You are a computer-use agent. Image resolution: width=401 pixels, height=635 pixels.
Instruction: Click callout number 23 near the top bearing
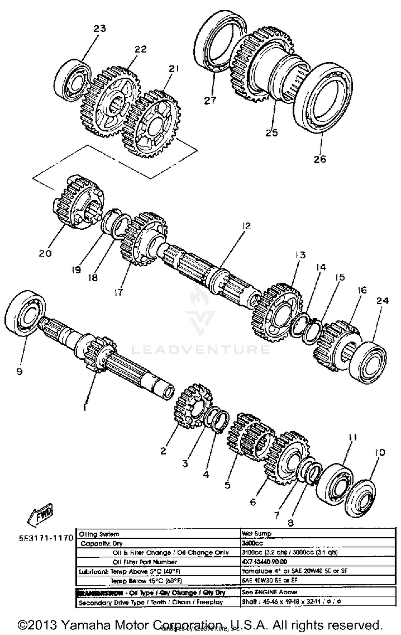click(99, 28)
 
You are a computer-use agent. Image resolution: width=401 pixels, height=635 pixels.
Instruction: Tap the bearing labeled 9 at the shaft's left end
click(25, 313)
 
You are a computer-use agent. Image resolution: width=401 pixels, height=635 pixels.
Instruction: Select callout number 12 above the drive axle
click(246, 226)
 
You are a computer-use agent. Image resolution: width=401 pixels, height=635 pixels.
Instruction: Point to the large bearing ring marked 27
click(220, 41)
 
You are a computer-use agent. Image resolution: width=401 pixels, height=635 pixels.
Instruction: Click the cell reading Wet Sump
click(256, 534)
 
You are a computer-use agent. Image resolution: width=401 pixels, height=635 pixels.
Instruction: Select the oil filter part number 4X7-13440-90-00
click(264, 561)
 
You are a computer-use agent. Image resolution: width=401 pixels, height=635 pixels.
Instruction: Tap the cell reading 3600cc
click(252, 543)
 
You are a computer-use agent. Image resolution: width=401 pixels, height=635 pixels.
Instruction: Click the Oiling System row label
click(99, 534)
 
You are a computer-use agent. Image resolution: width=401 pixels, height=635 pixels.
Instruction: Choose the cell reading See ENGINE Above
click(269, 592)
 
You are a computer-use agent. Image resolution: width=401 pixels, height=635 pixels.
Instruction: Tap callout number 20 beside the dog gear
click(45, 253)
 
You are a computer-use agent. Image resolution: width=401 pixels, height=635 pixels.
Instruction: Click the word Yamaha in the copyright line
click(86, 625)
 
